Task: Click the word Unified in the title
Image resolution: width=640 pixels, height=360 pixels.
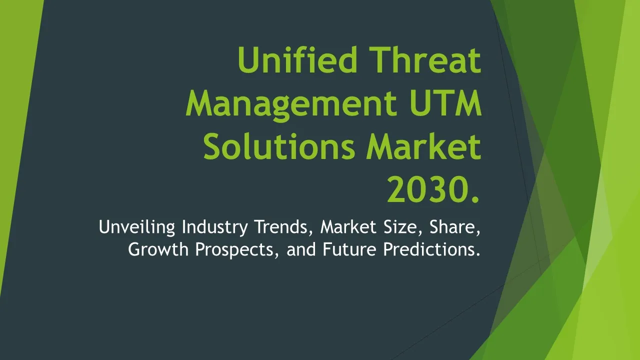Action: pos(297,59)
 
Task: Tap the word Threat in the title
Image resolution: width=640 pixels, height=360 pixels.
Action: pos(425,59)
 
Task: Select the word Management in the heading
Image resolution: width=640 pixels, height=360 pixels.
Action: pos(291,105)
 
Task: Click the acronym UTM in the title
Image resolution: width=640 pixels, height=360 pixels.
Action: pos(445,103)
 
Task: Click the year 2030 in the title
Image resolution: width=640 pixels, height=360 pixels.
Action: pos(427,189)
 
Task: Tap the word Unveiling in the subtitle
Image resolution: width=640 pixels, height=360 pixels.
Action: pos(137,227)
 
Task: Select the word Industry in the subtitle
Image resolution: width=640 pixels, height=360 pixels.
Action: pos(214,227)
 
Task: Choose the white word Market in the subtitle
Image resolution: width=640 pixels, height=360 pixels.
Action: pos(348,226)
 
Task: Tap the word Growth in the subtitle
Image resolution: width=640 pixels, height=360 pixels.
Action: pos(158,249)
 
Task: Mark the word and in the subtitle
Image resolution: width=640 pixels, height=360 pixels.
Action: pos(301,249)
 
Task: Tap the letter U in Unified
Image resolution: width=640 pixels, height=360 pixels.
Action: pos(248,59)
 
